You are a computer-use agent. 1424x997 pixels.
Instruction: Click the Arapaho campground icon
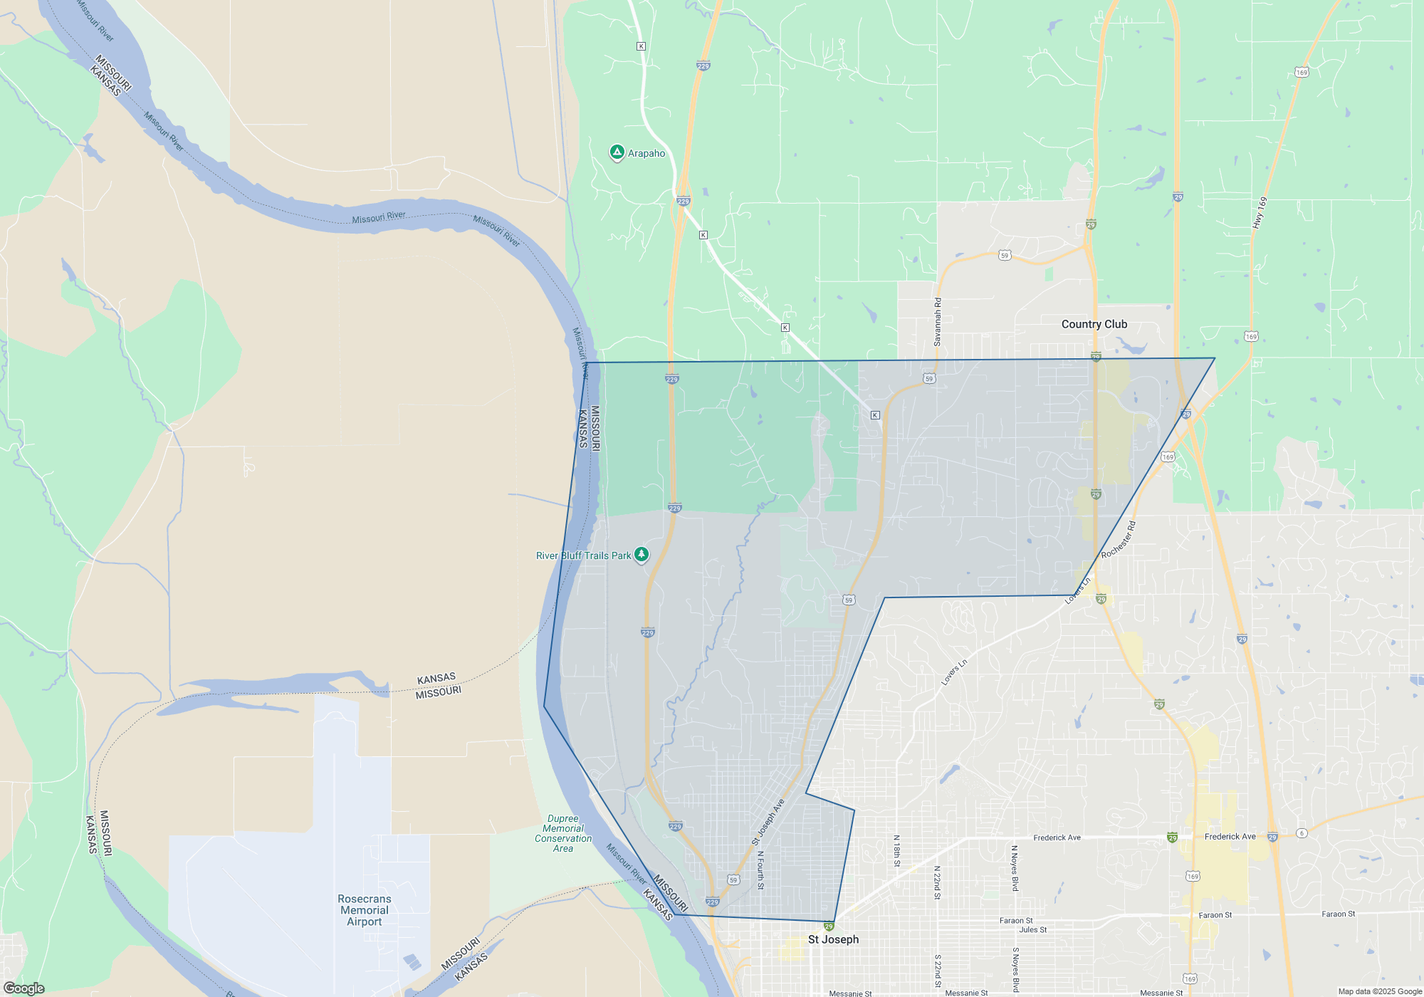click(617, 152)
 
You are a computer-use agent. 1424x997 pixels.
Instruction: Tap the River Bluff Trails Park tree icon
click(642, 555)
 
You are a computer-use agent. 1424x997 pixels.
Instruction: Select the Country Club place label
click(1094, 324)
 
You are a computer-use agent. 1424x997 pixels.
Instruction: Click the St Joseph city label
click(833, 939)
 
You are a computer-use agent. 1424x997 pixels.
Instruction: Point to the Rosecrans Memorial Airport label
click(364, 910)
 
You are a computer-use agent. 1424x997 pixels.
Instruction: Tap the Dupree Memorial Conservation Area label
click(563, 833)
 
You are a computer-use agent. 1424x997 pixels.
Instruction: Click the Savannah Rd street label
click(938, 322)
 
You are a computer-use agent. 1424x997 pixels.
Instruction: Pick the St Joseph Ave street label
click(768, 822)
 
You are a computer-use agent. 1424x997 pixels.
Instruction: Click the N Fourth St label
click(760, 870)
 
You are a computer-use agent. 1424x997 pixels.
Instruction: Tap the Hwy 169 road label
click(1259, 212)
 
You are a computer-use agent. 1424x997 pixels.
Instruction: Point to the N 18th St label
click(896, 851)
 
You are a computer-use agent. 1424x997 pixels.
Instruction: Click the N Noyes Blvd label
click(1015, 868)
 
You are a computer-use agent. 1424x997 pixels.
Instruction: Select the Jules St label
click(1032, 929)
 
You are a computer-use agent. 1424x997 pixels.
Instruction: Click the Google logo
click(23, 988)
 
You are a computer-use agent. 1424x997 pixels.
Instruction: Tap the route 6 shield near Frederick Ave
click(1302, 832)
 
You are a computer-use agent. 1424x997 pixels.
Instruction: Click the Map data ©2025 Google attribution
click(1379, 991)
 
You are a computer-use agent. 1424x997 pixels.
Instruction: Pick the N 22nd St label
click(937, 883)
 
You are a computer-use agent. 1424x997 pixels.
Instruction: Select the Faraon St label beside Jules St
click(1015, 921)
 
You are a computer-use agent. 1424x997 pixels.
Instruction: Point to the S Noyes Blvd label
click(1015, 969)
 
